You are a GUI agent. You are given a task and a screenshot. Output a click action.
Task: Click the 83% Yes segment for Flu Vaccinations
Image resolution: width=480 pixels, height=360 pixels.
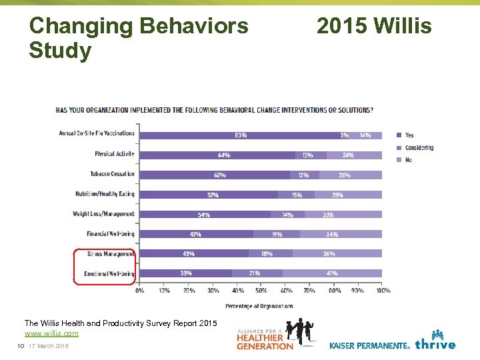click(241, 135)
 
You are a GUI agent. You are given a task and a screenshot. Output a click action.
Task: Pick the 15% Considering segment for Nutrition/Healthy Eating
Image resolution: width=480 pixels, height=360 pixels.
click(296, 195)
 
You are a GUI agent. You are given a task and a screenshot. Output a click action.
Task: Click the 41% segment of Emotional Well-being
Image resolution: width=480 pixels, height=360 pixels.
click(332, 273)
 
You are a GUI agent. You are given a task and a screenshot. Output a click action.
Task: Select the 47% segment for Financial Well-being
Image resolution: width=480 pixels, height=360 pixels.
click(196, 235)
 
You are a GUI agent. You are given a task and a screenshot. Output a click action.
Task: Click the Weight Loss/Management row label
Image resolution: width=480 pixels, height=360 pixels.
click(103, 214)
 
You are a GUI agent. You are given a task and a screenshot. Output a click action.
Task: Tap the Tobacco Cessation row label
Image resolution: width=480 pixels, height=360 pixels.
click(112, 174)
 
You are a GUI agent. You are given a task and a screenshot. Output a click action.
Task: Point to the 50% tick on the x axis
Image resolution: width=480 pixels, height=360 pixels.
click(261, 291)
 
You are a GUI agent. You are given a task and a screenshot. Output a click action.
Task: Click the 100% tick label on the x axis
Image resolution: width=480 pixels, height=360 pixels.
click(383, 291)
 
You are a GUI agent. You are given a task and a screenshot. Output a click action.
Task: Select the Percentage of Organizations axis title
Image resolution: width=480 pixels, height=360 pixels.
click(259, 306)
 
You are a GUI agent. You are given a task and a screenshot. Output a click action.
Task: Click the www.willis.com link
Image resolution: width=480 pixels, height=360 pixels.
click(51, 333)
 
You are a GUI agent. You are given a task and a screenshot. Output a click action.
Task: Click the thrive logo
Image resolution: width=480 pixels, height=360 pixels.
click(435, 341)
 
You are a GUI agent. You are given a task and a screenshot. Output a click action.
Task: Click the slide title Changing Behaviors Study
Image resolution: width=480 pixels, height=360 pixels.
click(139, 38)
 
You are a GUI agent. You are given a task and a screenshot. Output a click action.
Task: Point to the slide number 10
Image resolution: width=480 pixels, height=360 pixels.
click(21, 345)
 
